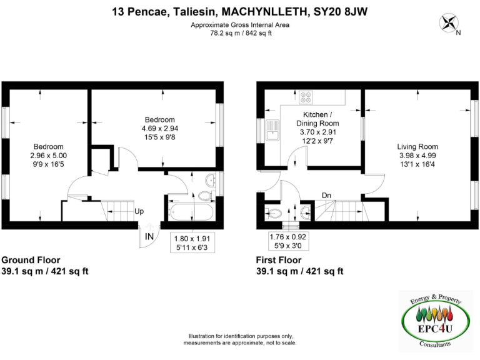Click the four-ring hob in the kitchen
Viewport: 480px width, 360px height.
(x=307, y=97)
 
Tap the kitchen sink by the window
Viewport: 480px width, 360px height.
(x=273, y=132)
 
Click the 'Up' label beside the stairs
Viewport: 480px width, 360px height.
(x=139, y=211)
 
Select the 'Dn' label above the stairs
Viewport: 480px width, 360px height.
(x=326, y=196)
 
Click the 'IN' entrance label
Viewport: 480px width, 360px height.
(x=149, y=237)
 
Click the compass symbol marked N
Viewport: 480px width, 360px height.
(x=449, y=24)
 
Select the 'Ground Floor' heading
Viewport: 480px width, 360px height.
(x=31, y=260)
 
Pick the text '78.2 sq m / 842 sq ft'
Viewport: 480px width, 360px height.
(x=241, y=33)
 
